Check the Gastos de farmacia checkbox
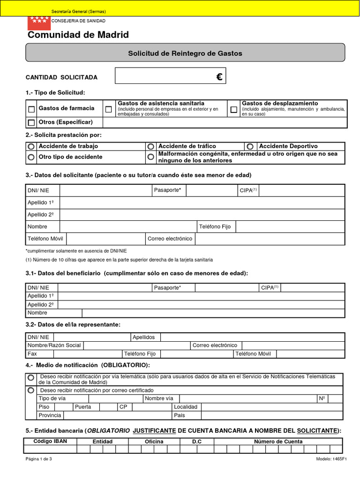tap(31, 109)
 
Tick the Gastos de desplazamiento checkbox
tap(233, 109)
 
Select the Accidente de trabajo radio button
tap(31, 146)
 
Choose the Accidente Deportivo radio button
tap(250, 146)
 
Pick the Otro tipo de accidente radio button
tap(31, 157)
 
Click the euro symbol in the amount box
tap(219, 77)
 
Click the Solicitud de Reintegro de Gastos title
tap(185, 53)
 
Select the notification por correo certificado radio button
tap(31, 390)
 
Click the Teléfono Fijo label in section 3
tap(215, 227)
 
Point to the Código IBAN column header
tap(51, 442)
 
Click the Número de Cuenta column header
tap(278, 442)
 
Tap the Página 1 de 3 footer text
tap(39, 459)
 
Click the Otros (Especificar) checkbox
tap(31, 123)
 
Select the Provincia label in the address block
tap(50, 415)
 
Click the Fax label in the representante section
tap(32, 354)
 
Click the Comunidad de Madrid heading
tap(78, 35)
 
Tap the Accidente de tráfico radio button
tap(151, 146)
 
